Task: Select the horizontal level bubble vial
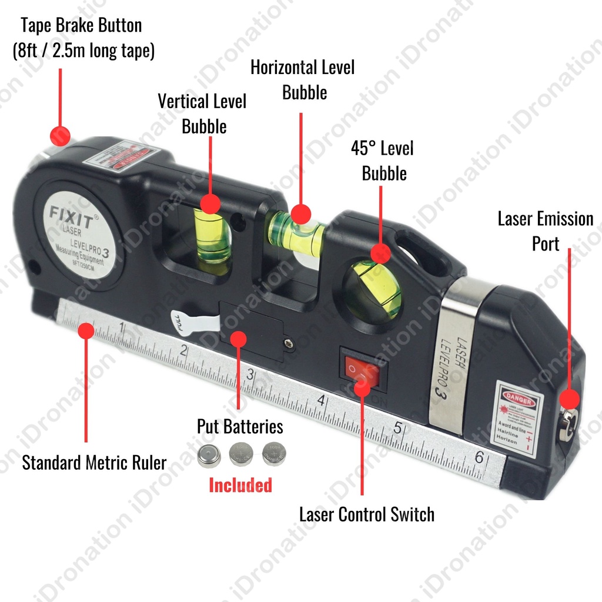coord(295,232)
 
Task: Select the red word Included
coord(240,485)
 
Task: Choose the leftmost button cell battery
coord(209,454)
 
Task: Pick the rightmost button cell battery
coord(273,453)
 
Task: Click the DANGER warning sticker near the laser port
coord(516,419)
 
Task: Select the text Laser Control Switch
coord(367,514)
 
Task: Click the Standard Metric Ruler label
coord(94,462)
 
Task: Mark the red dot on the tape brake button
coord(59,136)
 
